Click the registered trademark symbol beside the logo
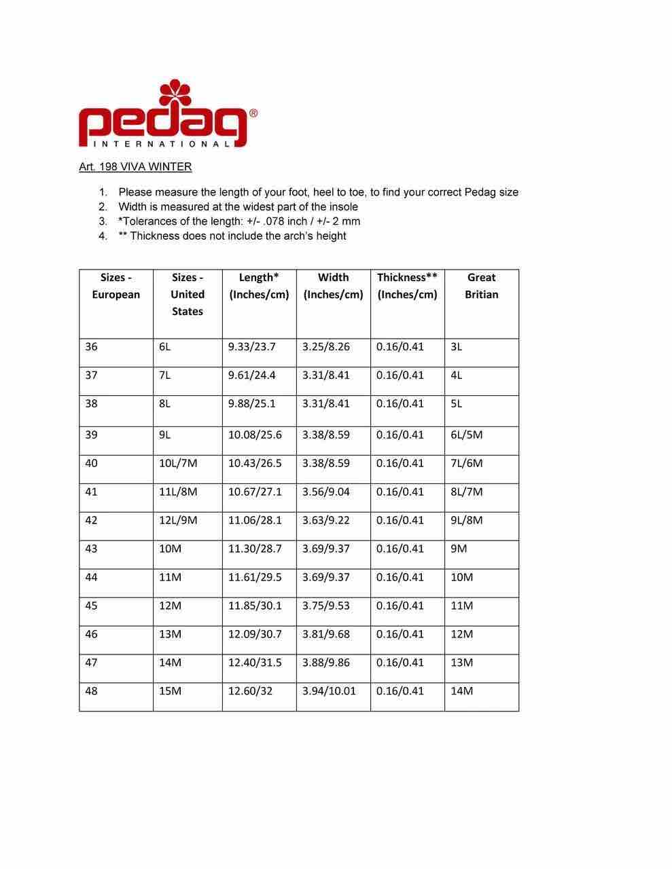[253, 114]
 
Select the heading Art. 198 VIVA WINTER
[135, 167]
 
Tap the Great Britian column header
[481, 286]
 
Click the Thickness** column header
[407, 286]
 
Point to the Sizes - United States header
[188, 295]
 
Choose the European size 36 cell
[91, 347]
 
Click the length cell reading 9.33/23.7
[251, 347]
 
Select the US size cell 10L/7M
[177, 464]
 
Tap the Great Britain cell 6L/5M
[466, 435]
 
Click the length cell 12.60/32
[249, 691]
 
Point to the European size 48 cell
[91, 691]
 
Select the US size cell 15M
[170, 691]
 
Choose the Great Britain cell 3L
[456, 347]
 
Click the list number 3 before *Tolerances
[103, 221]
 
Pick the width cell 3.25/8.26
[325, 347]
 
